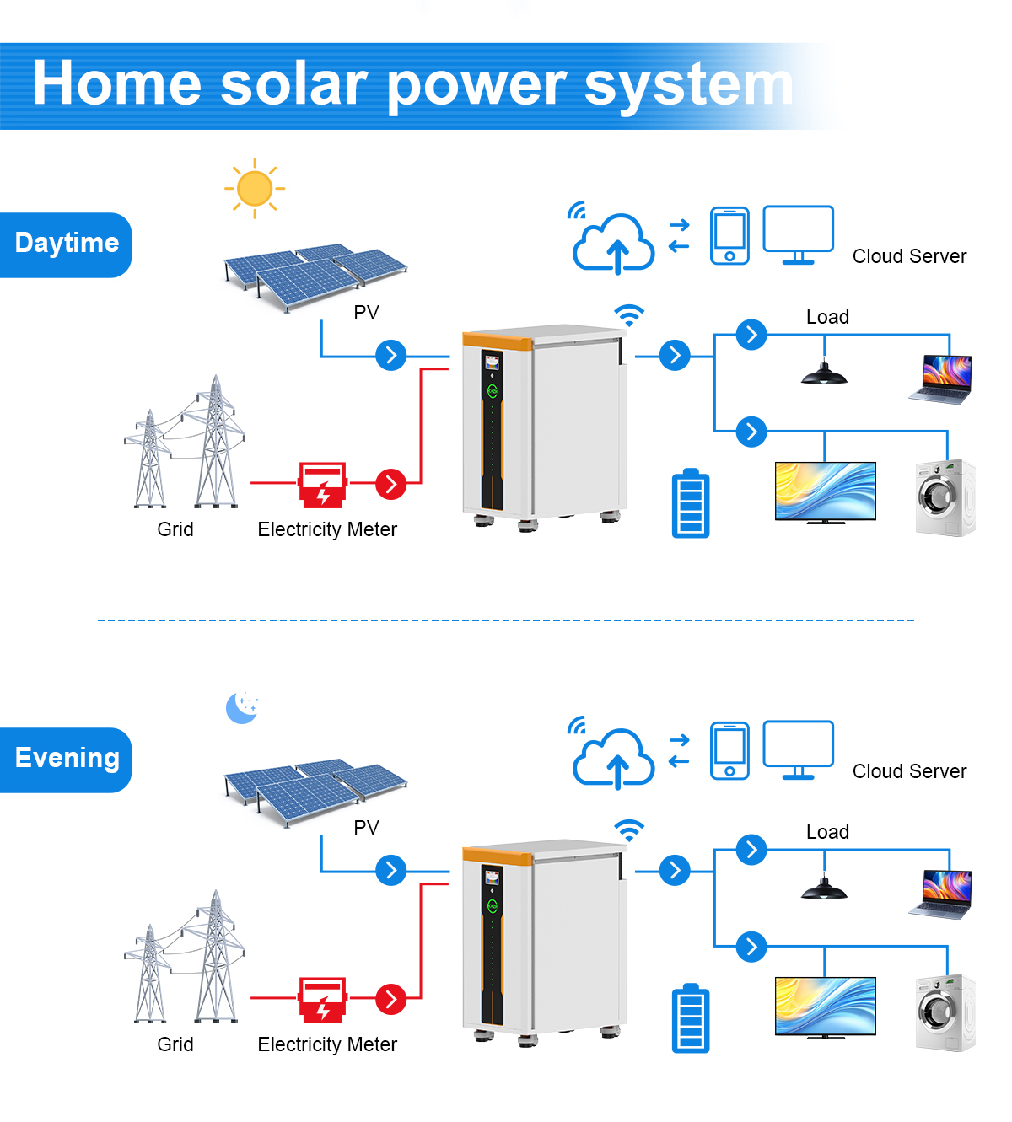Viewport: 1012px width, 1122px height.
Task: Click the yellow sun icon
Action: [x=254, y=189]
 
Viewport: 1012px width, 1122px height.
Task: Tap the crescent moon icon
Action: [x=240, y=708]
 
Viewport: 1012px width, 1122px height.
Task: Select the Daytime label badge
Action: [x=66, y=245]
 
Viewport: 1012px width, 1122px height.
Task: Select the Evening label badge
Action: [x=66, y=760]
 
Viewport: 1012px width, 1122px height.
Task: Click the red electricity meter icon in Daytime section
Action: [x=322, y=485]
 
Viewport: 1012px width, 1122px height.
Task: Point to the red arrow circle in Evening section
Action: [x=390, y=999]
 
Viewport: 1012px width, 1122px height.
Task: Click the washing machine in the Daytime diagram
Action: [x=945, y=498]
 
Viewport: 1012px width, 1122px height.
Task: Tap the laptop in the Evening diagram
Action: [x=940, y=894]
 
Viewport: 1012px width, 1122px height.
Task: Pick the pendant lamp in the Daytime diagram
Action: [x=824, y=373]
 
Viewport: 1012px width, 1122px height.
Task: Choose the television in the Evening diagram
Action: [x=825, y=1008]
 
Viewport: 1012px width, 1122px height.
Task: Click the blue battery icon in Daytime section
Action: [x=690, y=502]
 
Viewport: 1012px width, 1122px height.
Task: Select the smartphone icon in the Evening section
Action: [x=729, y=750]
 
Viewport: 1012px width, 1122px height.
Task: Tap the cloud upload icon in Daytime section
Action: [x=613, y=244]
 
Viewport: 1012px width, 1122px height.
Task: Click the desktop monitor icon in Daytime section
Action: [x=798, y=235]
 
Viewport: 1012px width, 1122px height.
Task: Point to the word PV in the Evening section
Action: [x=366, y=827]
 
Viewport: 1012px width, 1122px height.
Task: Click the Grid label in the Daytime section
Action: [x=175, y=529]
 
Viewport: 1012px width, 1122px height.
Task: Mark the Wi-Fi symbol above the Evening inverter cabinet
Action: [x=629, y=830]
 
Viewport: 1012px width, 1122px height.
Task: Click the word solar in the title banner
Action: [x=293, y=84]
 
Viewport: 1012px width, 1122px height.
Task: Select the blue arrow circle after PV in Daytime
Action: [x=390, y=355]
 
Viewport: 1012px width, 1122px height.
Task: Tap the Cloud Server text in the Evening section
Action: [x=910, y=771]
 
